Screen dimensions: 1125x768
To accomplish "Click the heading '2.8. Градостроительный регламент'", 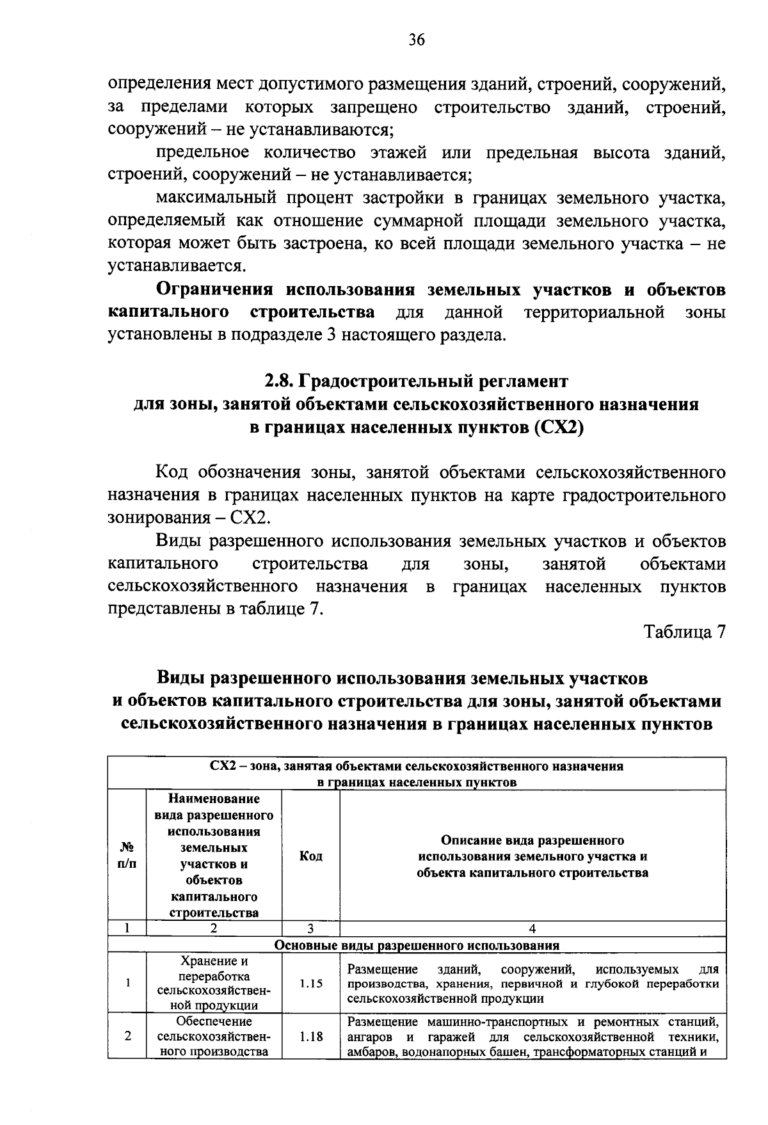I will tap(416, 381).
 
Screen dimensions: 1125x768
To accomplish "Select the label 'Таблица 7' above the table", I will tap(684, 632).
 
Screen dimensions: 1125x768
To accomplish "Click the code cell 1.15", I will tap(310, 984).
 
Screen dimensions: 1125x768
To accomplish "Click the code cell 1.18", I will tap(310, 1036).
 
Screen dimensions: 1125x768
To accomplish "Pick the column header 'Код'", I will tap(310, 856).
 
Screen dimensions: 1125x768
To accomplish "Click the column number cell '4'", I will tap(532, 929).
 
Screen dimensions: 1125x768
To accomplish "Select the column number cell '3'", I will tap(310, 929).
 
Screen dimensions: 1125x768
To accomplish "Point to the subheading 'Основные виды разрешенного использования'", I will tap(417, 945).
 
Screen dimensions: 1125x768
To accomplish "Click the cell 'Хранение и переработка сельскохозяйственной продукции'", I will tap(214, 984).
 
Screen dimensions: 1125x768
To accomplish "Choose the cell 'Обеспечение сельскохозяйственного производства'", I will tap(214, 1036).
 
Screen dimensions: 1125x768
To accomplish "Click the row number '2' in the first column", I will tap(127, 1036).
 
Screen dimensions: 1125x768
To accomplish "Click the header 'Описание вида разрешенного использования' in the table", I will tap(532, 856).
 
